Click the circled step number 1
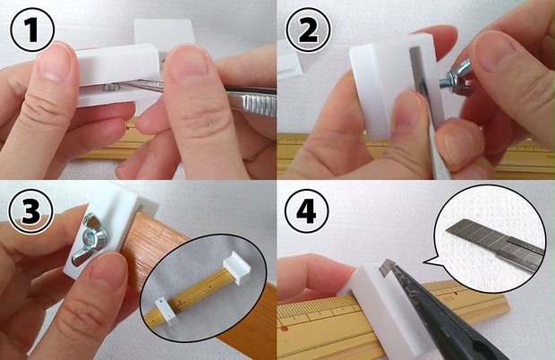(32, 30)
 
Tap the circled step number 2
(308, 30)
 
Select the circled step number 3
(31, 211)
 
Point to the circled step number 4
(306, 211)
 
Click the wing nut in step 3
(91, 239)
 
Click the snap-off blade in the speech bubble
(495, 244)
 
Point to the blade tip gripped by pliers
(387, 266)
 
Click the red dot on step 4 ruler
(284, 330)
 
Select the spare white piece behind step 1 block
(164, 34)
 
